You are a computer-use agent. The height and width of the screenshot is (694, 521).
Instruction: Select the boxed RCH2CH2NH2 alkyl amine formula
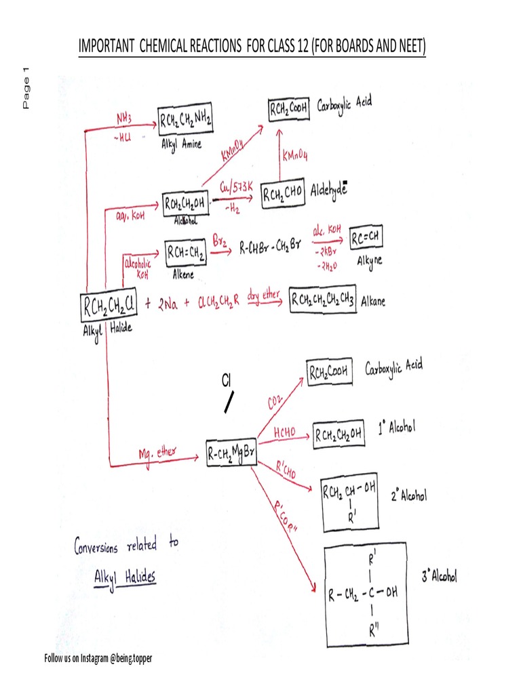185,121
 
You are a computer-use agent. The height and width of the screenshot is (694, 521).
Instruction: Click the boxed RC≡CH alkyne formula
369,238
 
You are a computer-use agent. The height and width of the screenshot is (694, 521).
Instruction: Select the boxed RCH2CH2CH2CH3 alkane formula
322,298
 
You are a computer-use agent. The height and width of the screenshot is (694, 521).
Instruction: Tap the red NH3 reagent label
123,119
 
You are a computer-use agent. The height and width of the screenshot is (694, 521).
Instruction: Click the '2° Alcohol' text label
409,497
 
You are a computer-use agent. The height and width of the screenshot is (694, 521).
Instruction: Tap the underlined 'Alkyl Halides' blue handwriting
125,577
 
